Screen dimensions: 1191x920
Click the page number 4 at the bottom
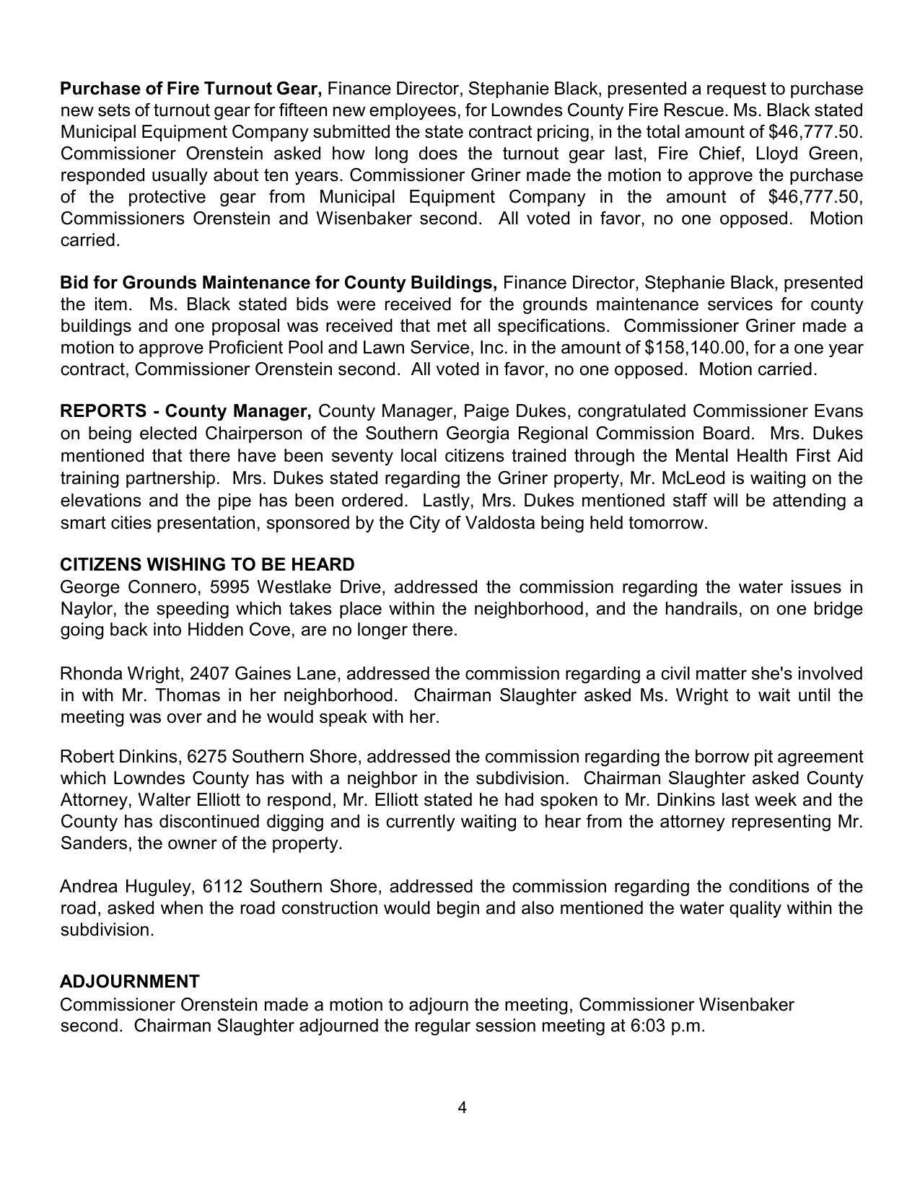pyautogui.click(x=462, y=1107)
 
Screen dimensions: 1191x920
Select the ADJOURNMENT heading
pyautogui.click(x=130, y=981)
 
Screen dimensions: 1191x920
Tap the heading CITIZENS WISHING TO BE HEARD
pyautogui.click(x=207, y=564)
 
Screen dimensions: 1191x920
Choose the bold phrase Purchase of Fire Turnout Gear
pyautogui.click(x=190, y=89)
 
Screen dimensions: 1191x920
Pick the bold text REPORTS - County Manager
pyautogui.click(x=185, y=411)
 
